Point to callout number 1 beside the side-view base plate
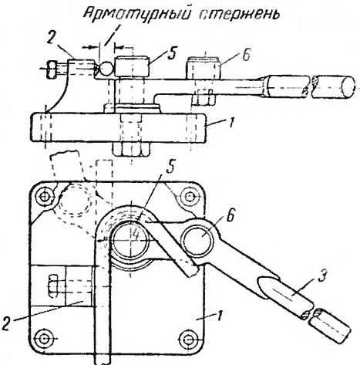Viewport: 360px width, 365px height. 231,123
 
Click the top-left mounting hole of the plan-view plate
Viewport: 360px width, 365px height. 45,197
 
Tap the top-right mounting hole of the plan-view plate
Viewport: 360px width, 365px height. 189,198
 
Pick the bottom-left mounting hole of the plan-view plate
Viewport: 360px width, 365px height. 43,337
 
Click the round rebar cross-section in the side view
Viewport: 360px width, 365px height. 105,69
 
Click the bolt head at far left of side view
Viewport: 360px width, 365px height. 52,69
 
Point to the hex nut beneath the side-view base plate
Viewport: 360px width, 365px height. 131,149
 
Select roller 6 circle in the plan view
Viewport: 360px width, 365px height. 198,242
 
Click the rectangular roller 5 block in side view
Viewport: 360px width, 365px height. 133,66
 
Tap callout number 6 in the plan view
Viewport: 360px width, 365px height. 231,217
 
